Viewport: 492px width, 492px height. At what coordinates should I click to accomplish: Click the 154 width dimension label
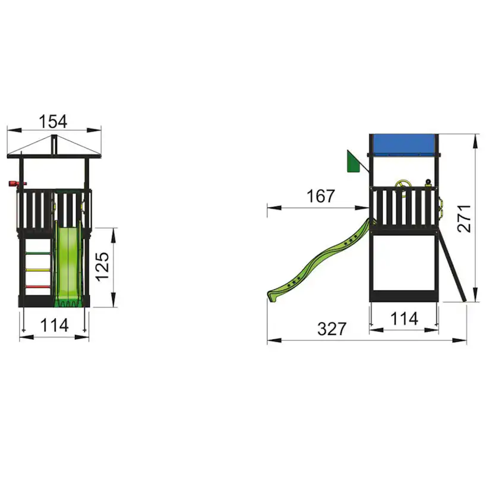(x=53, y=121)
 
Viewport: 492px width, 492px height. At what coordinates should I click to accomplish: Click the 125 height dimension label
(x=102, y=266)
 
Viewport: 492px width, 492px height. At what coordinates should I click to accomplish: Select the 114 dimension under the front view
(x=54, y=325)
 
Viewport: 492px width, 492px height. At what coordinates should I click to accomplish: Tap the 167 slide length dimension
(x=320, y=196)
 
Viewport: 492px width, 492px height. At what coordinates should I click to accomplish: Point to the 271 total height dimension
(x=465, y=219)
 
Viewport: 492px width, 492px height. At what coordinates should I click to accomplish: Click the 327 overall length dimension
(x=332, y=329)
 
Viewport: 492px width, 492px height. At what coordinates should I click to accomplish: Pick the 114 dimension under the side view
(x=404, y=319)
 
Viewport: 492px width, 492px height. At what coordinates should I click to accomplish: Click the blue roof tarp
(x=404, y=144)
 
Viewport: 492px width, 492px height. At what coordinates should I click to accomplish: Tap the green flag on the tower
(x=354, y=161)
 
